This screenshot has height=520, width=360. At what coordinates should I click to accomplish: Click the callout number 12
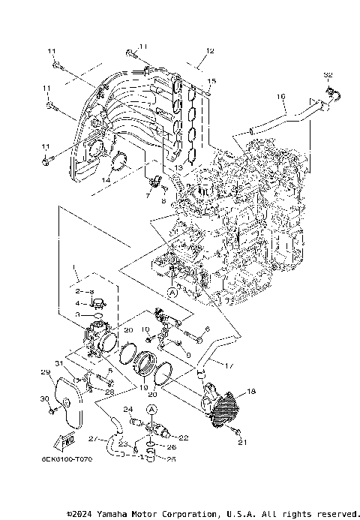point(210,51)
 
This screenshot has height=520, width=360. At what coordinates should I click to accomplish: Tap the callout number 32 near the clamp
point(326,75)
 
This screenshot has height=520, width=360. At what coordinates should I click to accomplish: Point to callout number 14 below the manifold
point(106,180)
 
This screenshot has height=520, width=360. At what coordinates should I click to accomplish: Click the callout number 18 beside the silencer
point(251,392)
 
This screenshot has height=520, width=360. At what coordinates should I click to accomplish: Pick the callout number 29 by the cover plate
point(44,372)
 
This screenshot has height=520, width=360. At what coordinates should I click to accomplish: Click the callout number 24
point(128,409)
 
